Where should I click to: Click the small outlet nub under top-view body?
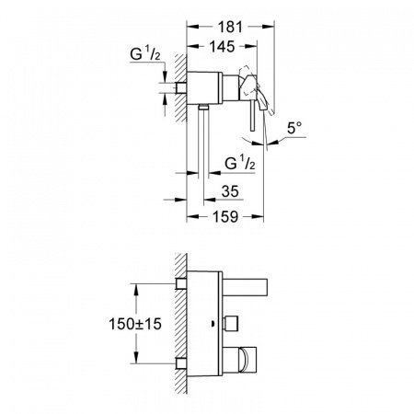tap(201, 108)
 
